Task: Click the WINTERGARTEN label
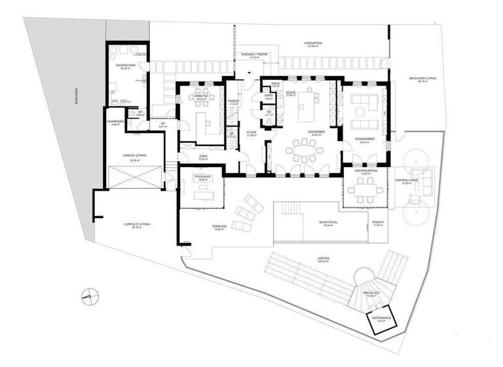tap(367, 170)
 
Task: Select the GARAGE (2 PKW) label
tap(134, 156)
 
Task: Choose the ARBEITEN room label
tap(200, 96)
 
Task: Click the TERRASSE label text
tap(219, 227)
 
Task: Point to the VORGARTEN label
tap(312, 43)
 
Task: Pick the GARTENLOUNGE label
tap(407, 180)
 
